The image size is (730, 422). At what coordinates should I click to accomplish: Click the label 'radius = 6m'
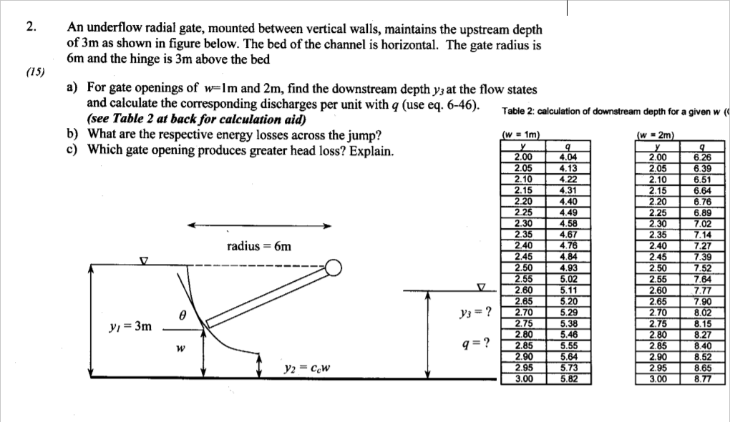259,246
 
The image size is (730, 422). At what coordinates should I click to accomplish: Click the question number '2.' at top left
29,27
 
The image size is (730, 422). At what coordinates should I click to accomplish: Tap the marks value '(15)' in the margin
33,72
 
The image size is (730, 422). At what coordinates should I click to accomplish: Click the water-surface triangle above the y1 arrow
143,261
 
